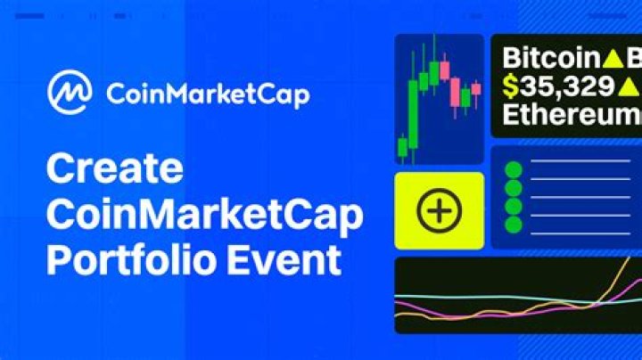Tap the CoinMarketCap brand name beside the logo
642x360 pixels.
coord(207,94)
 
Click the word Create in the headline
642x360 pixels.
coord(114,168)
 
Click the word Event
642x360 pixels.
coord(285,261)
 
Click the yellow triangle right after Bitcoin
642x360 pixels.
coord(613,60)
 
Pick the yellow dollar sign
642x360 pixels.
coord(510,86)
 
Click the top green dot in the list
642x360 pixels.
coord(513,169)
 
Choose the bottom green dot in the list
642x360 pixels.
coord(513,225)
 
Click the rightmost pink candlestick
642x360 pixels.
coord(476,89)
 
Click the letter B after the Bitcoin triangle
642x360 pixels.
coord(635,59)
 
